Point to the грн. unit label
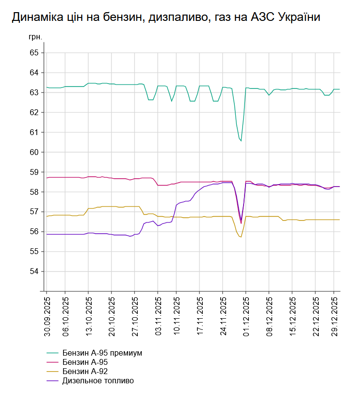35,37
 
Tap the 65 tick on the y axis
34,52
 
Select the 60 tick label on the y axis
34,152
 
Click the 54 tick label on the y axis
34,271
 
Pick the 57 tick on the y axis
34,212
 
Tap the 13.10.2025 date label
88,316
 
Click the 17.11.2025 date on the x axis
199,316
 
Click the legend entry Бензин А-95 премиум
102,353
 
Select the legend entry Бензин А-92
85,372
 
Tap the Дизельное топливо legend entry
98,381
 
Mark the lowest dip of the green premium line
241,141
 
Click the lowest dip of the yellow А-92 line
240,237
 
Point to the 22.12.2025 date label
315,316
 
